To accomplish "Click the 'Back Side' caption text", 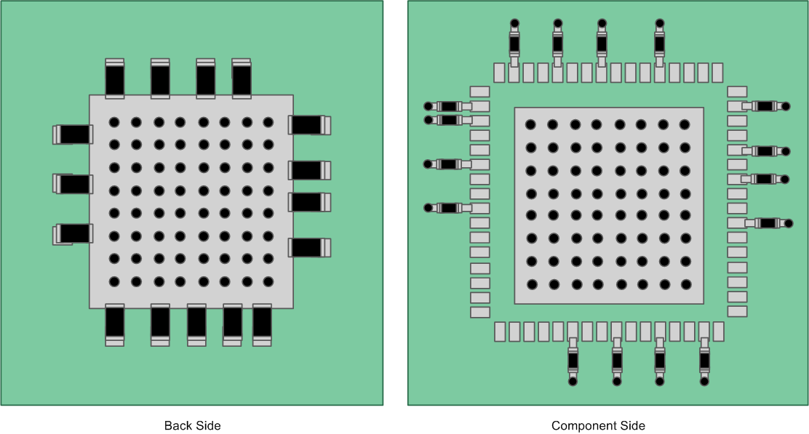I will tap(192, 425).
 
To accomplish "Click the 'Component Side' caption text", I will tap(598, 425).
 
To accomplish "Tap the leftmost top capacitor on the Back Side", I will tap(115, 79).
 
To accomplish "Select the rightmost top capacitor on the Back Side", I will tap(242, 79).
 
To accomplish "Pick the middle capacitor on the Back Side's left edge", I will tap(73, 184).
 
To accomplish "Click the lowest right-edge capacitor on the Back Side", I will tap(309, 248).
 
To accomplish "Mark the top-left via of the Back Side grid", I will tap(114, 122).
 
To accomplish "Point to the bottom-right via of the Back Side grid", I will tap(268, 281).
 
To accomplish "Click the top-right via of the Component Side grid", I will tap(685, 125).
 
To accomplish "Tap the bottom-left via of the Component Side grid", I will tap(532, 284).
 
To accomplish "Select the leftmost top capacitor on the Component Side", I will tap(514, 44).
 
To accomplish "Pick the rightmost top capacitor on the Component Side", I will tap(659, 44).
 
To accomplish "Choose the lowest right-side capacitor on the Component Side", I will tap(768, 223).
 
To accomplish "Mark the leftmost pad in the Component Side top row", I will tap(499, 73).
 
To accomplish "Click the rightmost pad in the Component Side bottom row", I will tap(718, 331).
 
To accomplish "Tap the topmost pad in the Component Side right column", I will tap(737, 92).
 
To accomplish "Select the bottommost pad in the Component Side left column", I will tap(480, 312).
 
